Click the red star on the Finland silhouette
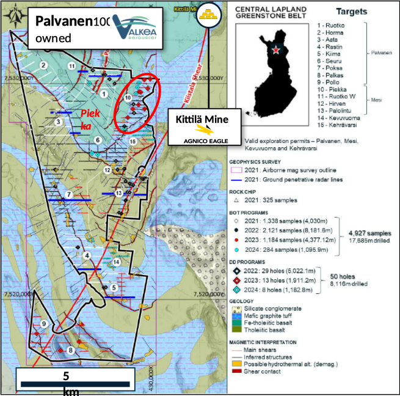279,50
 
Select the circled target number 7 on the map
69,195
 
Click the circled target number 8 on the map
71,350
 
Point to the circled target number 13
118,193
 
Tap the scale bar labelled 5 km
73,384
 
